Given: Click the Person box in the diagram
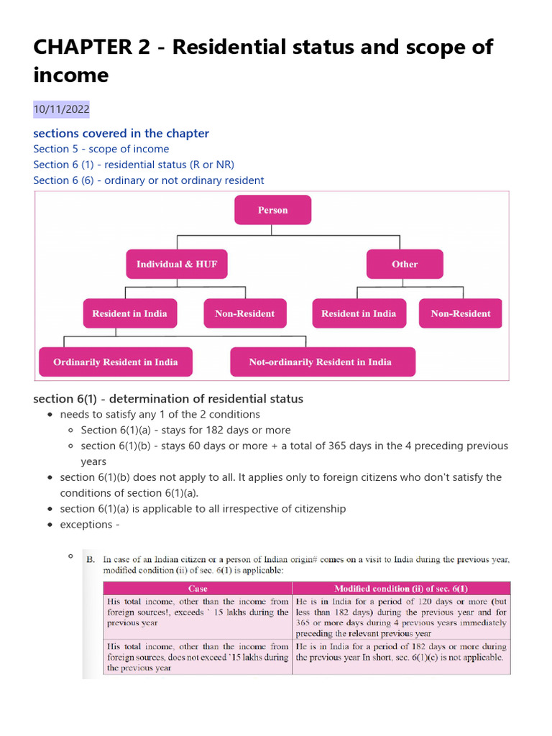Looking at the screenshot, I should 272,210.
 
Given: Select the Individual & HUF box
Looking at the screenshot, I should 177,264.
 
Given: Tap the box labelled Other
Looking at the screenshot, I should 405,264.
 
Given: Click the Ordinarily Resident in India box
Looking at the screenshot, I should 115,362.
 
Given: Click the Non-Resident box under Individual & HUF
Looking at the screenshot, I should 244,313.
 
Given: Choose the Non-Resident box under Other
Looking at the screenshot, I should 461,313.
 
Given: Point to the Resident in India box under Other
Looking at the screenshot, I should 359,313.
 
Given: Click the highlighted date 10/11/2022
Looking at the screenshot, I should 61,109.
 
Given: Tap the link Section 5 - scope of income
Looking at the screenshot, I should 101,149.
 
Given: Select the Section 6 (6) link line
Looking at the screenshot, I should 148,180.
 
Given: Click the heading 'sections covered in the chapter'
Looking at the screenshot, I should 121,133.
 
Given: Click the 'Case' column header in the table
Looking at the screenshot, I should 198,588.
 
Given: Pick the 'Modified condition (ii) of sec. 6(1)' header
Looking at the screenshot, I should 401,588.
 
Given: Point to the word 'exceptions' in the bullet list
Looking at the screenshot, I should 86,525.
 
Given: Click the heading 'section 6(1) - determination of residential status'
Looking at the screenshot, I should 168,398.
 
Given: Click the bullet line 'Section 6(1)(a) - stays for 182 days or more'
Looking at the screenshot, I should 185,430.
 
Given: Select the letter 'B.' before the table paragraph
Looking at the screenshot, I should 91,558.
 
